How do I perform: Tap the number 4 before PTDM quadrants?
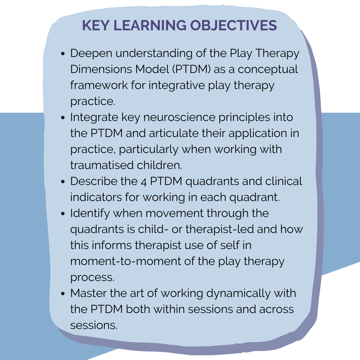(x=143, y=181)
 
